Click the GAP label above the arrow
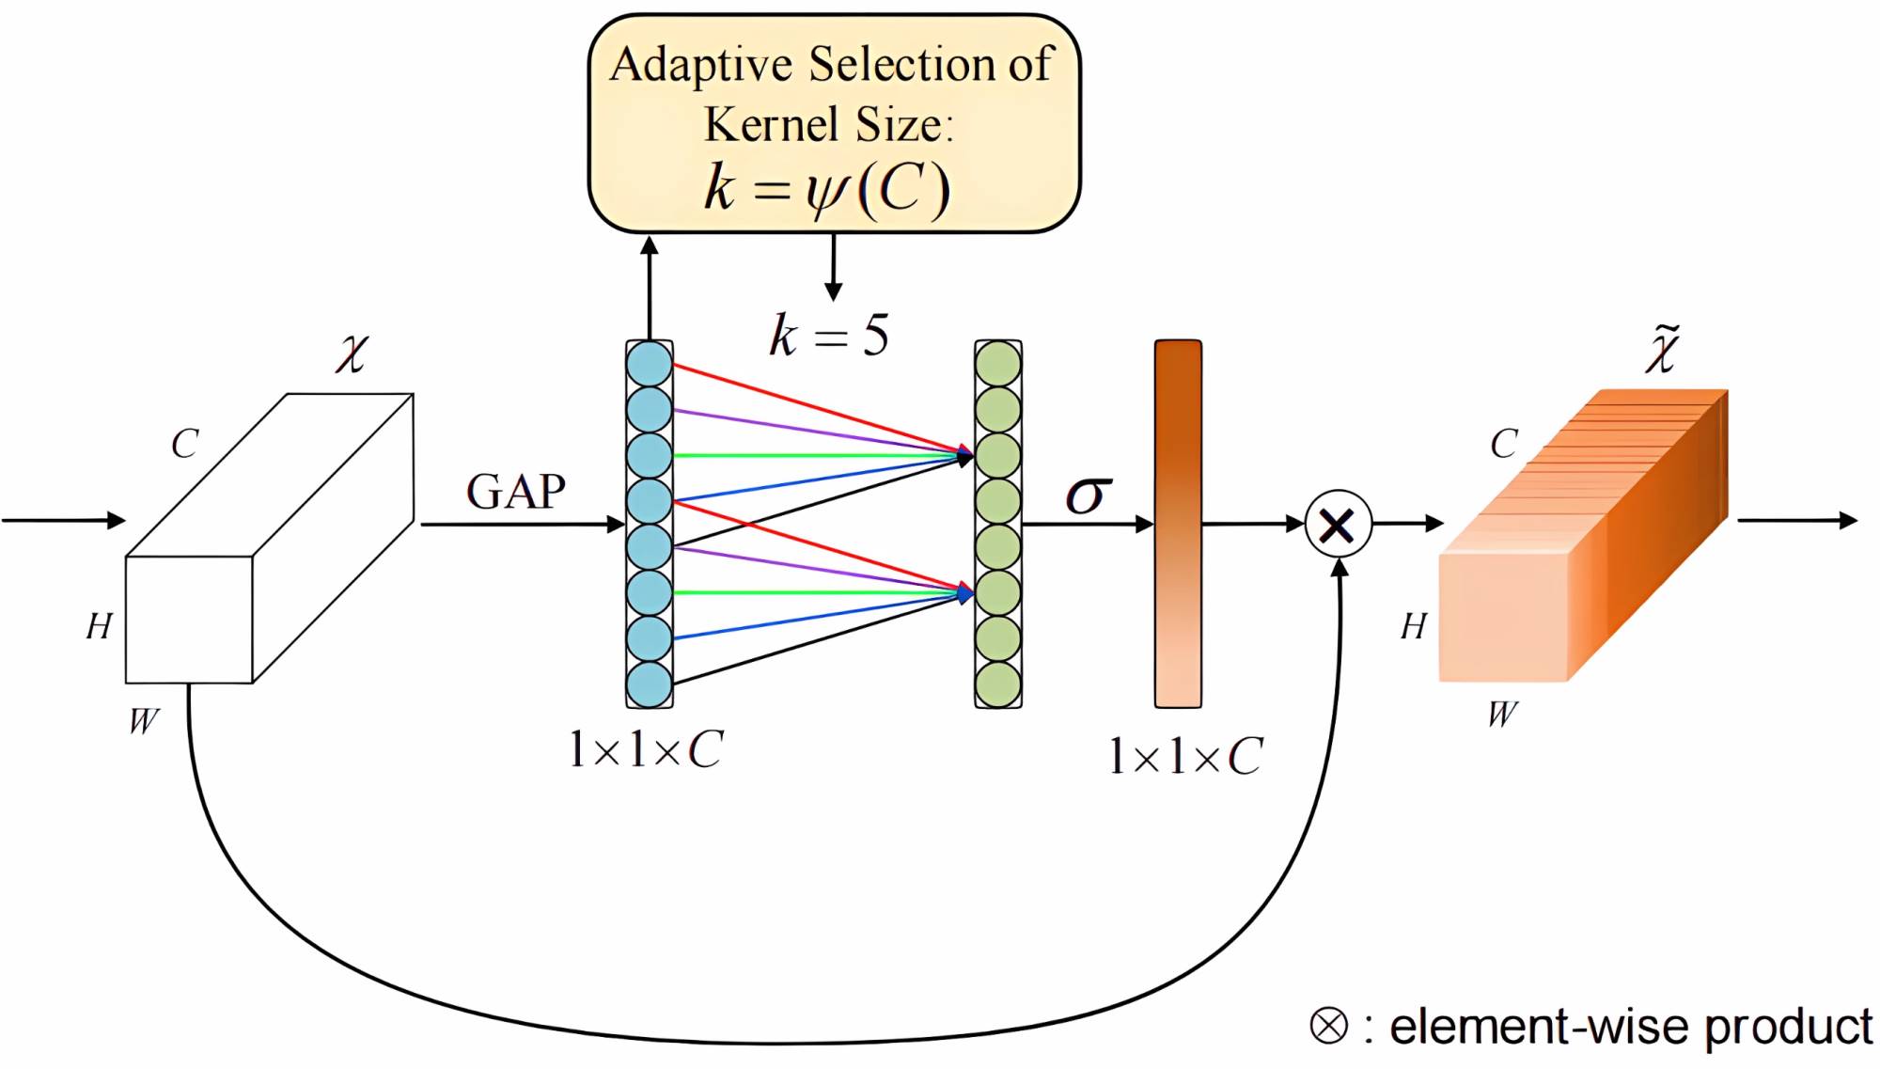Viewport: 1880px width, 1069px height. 516,492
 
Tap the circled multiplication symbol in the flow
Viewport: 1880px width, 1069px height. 1338,525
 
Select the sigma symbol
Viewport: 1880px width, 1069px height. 1089,495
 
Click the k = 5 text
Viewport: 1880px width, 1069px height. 829,336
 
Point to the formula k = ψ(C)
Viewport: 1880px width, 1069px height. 827,188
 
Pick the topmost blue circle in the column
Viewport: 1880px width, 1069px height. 650,364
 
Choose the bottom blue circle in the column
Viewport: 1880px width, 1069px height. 650,684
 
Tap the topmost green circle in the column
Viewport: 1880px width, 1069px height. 998,364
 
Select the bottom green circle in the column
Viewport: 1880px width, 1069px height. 998,684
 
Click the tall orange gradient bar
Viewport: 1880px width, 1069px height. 1178,524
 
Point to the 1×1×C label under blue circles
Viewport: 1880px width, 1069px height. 646,750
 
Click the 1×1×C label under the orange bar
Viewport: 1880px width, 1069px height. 1185,756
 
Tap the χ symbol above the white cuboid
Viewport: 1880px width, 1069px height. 352,354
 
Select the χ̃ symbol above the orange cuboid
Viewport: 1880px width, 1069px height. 1662,350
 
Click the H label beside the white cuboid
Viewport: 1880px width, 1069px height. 99,626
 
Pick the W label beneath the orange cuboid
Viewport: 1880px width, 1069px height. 1502,715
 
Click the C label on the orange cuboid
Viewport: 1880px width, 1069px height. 1504,444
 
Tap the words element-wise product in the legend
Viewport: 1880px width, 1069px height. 1630,1027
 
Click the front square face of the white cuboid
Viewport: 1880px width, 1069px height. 189,620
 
